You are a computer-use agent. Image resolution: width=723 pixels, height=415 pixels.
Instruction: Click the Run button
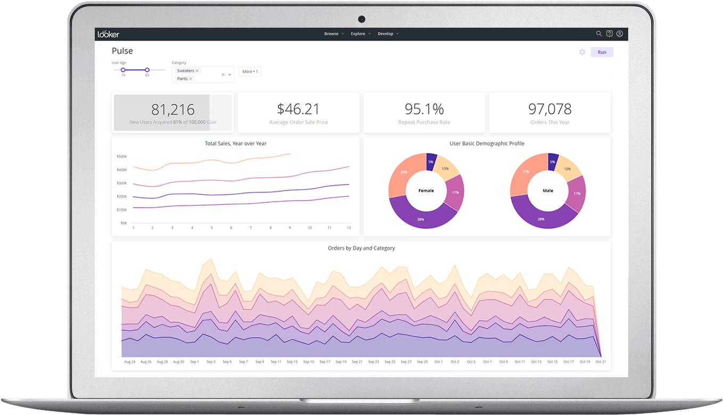click(x=602, y=52)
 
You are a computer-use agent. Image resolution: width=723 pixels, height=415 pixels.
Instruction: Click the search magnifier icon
click(x=599, y=34)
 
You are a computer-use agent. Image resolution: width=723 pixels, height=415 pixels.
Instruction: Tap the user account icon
click(x=620, y=34)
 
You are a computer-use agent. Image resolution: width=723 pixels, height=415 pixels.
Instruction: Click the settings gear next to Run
click(x=582, y=52)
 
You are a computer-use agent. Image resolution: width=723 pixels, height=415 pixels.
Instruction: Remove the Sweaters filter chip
click(x=197, y=71)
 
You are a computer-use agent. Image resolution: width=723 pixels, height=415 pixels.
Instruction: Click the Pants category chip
click(x=183, y=79)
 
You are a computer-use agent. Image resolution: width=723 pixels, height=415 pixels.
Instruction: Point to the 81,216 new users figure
click(x=173, y=110)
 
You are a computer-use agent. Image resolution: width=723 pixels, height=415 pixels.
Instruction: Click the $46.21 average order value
click(x=298, y=109)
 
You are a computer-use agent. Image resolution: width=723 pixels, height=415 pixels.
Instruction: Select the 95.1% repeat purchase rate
click(x=424, y=109)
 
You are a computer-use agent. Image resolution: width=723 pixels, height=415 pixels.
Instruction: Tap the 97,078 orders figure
click(x=549, y=109)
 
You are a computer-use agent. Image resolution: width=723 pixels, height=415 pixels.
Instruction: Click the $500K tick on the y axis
click(x=121, y=156)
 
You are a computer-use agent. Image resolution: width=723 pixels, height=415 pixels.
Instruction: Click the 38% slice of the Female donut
click(x=421, y=218)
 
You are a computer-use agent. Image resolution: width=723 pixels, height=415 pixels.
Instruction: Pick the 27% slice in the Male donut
click(x=525, y=172)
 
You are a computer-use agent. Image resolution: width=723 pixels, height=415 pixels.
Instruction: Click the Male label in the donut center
click(x=548, y=190)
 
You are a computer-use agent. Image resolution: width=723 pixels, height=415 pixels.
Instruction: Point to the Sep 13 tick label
click(x=292, y=362)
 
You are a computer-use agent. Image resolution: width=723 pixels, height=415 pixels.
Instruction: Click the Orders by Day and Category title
click(x=361, y=248)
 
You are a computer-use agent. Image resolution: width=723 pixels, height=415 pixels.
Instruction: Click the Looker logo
click(x=109, y=34)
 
